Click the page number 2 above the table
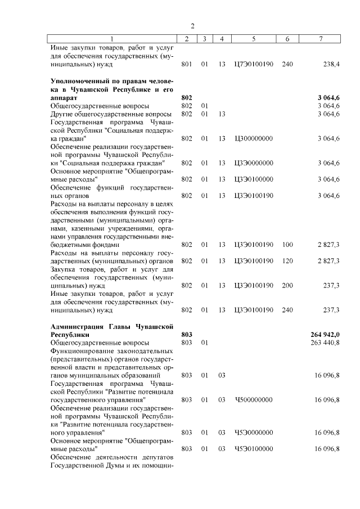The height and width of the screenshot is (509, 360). (x=192, y=26)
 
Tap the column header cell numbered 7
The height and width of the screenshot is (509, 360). (x=320, y=38)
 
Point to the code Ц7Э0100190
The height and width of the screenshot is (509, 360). (x=253, y=65)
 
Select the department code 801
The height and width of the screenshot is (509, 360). (x=187, y=65)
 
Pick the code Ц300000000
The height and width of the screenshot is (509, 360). (x=253, y=138)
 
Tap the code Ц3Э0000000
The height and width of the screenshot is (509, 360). (x=253, y=163)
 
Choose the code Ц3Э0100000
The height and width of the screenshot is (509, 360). (x=253, y=179)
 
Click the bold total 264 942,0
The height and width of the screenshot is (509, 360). (x=325, y=335)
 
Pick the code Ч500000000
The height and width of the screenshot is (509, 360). (x=253, y=399)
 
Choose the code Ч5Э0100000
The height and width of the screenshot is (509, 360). (x=253, y=449)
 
